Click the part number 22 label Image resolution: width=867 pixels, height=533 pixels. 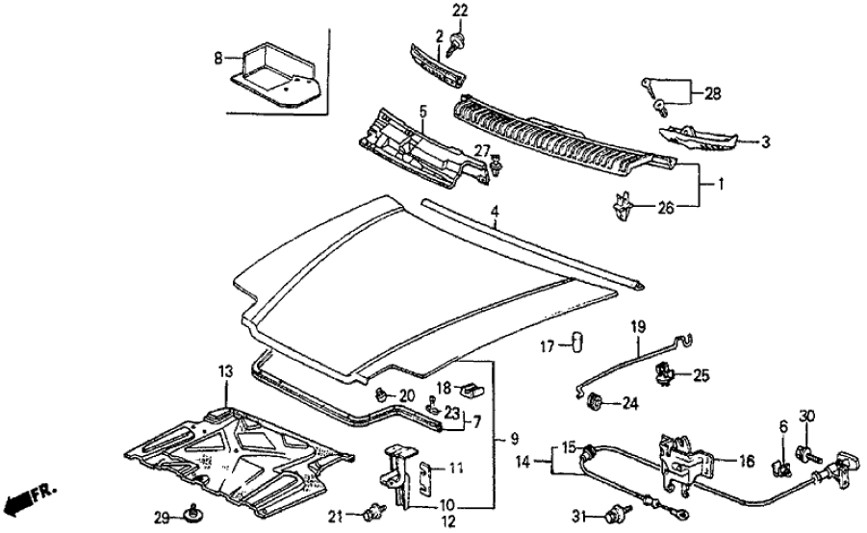tap(459, 11)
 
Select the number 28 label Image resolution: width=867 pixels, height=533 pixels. tap(713, 93)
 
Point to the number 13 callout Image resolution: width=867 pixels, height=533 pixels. tap(225, 371)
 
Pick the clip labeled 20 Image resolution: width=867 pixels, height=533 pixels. tap(382, 393)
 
